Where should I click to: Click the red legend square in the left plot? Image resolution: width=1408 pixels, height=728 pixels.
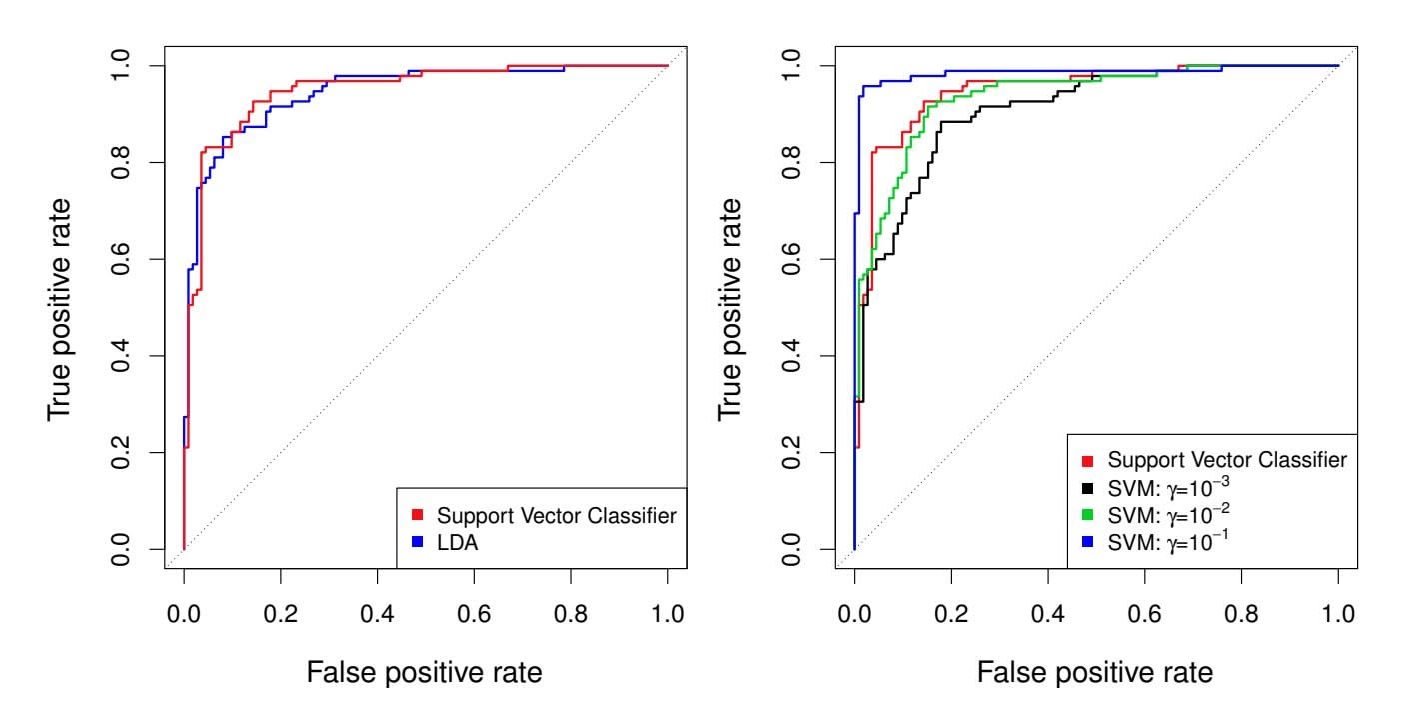(418, 515)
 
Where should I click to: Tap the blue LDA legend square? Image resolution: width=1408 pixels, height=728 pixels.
(418, 542)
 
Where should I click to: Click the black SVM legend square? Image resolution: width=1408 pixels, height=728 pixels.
(1088, 489)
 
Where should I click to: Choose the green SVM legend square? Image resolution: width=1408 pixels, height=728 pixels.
(1088, 516)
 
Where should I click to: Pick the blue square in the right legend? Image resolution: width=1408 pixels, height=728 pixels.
(1088, 543)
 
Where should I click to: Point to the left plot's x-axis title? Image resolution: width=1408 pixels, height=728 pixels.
(425, 673)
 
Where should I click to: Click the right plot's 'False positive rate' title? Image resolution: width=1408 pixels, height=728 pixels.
(1096, 673)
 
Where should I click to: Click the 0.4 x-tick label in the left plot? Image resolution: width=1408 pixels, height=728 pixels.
(377, 612)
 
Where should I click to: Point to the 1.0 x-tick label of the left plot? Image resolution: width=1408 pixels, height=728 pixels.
(667, 612)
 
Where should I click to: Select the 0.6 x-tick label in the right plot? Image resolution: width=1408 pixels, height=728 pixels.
(1144, 612)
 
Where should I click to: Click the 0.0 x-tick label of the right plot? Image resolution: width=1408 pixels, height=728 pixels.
(854, 612)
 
